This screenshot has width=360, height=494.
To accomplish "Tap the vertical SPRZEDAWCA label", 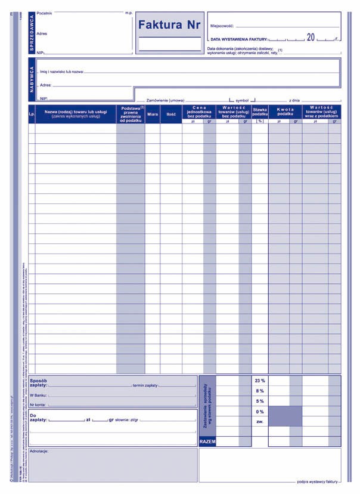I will tap(32, 33).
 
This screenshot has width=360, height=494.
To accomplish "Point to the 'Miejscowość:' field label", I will tap(222, 26).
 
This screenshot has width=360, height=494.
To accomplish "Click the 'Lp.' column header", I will tap(32, 113).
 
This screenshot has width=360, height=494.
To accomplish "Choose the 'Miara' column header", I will tap(153, 113).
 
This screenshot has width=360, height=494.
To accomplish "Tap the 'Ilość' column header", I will tap(171, 113).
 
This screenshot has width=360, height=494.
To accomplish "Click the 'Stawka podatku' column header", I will tap(260, 111).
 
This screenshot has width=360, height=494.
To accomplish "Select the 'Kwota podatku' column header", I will tap(285, 111).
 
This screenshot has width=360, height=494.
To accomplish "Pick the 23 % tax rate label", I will tap(260, 380).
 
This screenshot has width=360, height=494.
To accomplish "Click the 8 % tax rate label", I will tap(260, 391).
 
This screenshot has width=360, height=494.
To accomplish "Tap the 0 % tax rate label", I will tap(260, 412).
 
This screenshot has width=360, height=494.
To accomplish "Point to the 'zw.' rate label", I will tap(260, 422).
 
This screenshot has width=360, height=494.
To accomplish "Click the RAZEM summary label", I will tap(207, 441).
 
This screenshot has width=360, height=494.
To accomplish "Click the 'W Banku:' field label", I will tap(38, 395).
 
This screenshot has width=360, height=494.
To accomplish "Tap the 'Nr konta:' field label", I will tap(38, 405).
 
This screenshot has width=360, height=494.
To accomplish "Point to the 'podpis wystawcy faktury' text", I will tap(318, 481).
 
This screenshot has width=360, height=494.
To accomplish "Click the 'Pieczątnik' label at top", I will tap(45, 13).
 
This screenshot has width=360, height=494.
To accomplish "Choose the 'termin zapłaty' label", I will tap(145, 385).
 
